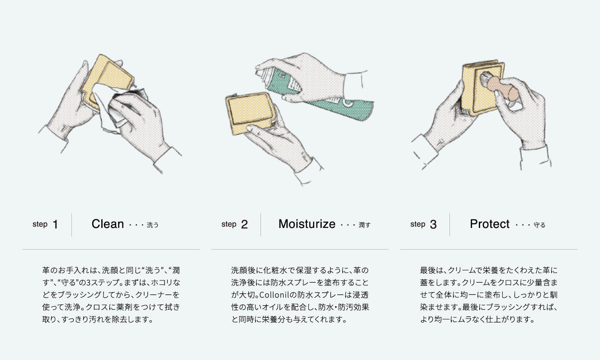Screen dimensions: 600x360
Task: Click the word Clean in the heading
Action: pyautogui.click(x=108, y=224)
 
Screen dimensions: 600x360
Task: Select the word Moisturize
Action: pyautogui.click(x=307, y=224)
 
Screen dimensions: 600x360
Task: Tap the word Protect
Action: pyautogui.click(x=490, y=224)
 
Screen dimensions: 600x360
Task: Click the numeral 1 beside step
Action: pyautogui.click(x=56, y=224)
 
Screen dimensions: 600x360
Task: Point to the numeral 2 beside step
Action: pyautogui.click(x=244, y=224)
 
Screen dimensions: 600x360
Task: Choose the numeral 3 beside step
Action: pyautogui.click(x=433, y=224)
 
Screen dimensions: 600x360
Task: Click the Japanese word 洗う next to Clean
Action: pyautogui.click(x=153, y=225)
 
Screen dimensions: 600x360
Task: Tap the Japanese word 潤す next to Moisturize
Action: pyautogui.click(x=364, y=225)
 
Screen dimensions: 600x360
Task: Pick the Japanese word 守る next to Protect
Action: pyautogui.click(x=539, y=225)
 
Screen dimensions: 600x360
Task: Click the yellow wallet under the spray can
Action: pyautogui.click(x=250, y=113)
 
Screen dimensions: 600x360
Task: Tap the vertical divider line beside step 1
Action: pyautogui.click(x=71, y=225)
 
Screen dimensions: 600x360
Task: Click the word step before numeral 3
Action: pyautogui.click(x=418, y=224)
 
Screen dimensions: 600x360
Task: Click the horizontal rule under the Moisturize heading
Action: pyautogui.click(x=300, y=249)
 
